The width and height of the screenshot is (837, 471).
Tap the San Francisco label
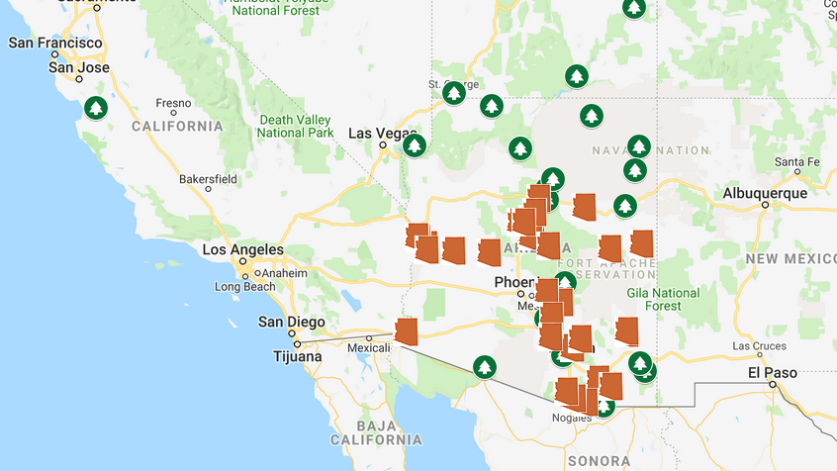point(55,44)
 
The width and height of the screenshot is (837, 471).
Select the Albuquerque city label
point(765,193)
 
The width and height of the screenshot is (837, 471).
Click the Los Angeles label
point(242,250)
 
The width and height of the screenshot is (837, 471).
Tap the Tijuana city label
point(297,355)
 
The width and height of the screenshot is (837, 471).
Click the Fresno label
point(172,103)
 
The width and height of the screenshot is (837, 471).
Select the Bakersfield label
point(208,179)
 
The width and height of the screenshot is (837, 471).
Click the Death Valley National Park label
point(296,126)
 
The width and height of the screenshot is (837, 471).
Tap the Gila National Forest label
point(663,299)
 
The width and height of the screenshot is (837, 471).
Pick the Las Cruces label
point(758,346)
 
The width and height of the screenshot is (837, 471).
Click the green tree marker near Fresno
point(95,107)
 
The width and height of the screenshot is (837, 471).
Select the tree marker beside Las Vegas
point(414,146)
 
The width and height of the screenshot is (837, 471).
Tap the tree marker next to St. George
point(453,93)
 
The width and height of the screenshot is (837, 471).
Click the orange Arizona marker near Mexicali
point(407,330)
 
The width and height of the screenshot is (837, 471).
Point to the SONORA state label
point(598,461)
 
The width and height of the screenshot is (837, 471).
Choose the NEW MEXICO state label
point(790,258)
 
